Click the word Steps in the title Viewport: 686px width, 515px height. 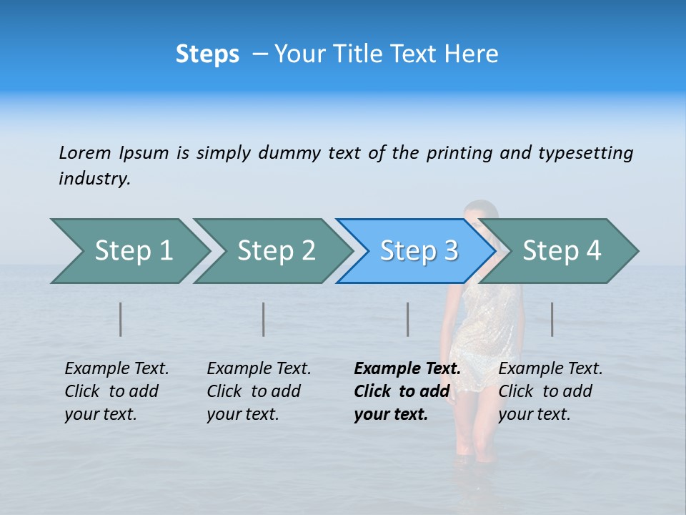pos(207,54)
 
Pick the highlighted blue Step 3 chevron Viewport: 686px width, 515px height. pos(419,251)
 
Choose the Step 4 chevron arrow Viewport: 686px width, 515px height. pos(562,251)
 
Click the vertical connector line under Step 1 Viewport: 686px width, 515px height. pos(121,319)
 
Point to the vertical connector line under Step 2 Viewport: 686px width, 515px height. pos(264,319)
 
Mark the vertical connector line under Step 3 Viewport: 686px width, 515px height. pos(407,319)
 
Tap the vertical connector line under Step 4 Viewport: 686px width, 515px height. pos(552,319)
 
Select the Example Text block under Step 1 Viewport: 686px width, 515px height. pos(116,391)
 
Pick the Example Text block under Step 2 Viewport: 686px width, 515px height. pos(259,391)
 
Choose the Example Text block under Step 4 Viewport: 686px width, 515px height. pos(550,391)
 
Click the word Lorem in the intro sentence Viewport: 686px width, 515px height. pos(84,153)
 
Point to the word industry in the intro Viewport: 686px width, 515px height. pos(94,179)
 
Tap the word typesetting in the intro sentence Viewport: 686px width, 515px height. pos(585,153)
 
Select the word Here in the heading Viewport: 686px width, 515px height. pos(471,54)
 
